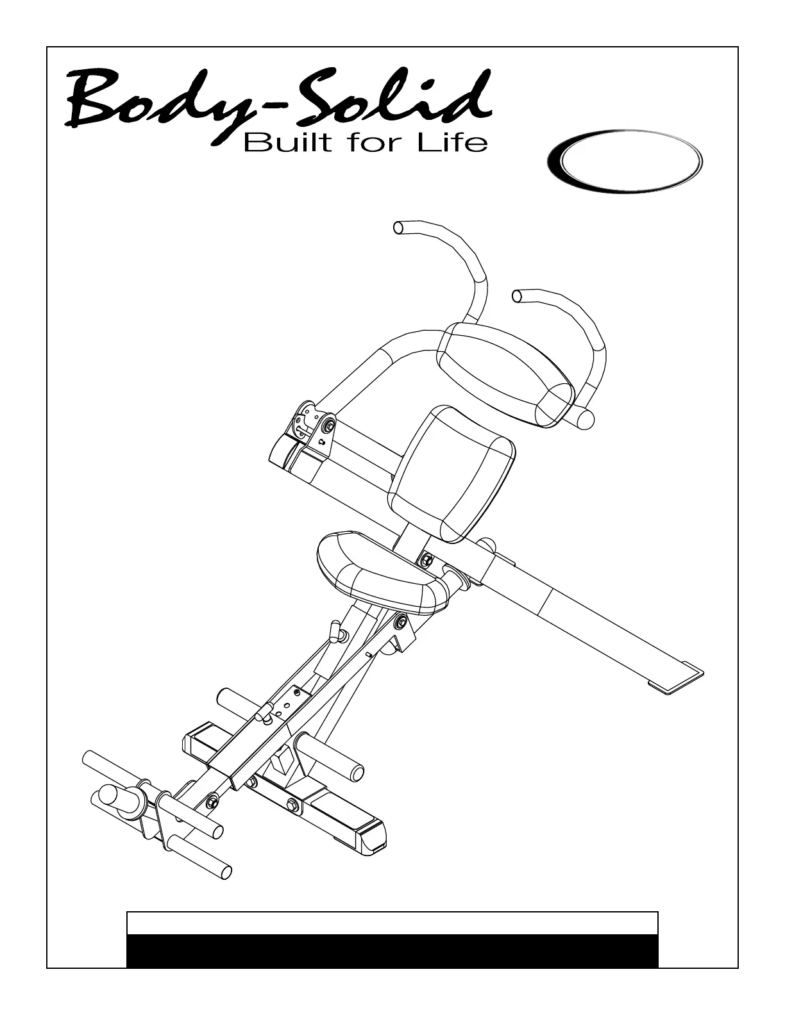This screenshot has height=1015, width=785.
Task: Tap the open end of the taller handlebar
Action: [x=398, y=227]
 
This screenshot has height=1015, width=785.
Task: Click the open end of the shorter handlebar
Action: [x=517, y=295]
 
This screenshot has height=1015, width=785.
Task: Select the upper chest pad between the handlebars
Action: [x=505, y=373]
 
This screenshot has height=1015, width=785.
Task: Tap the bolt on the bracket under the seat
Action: [x=400, y=620]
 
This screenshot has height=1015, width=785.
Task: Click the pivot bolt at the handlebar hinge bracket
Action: [x=328, y=425]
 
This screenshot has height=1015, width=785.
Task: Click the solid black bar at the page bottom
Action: [x=393, y=950]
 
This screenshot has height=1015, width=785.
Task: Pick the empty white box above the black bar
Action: [x=393, y=923]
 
